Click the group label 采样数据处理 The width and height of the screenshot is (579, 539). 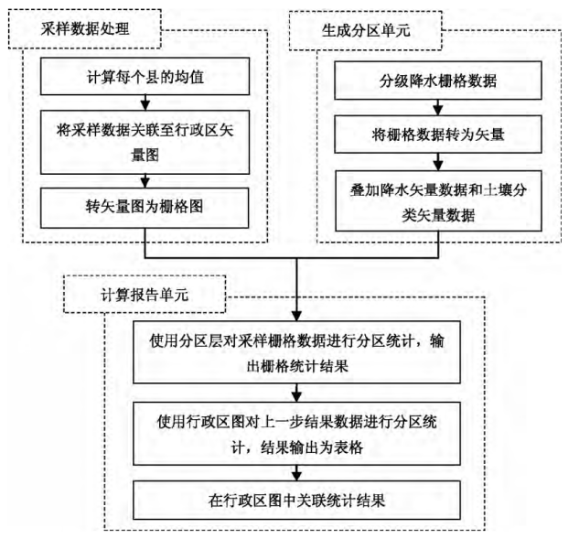(x=84, y=30)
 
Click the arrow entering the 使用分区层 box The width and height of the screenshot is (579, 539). (x=295, y=307)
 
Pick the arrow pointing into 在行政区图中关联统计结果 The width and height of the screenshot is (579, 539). (x=295, y=473)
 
